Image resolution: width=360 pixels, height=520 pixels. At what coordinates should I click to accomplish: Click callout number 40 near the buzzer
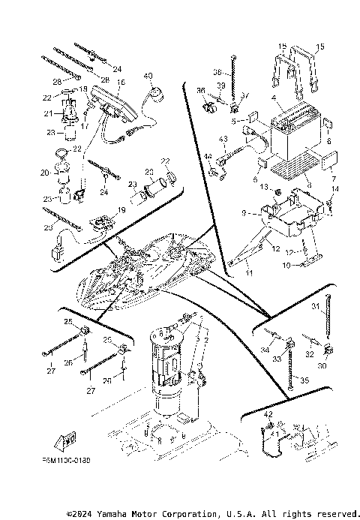tap(147, 76)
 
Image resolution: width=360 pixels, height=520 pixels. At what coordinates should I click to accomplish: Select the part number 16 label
tap(121, 82)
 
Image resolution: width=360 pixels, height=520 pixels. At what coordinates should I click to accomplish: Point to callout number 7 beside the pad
tap(334, 180)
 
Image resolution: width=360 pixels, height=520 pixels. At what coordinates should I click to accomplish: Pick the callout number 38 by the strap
tap(218, 73)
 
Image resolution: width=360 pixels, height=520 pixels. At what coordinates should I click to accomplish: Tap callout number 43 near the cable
tap(223, 140)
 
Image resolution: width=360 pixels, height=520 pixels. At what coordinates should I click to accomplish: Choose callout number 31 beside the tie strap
tap(316, 305)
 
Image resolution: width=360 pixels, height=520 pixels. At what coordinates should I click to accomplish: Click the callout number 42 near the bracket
tap(268, 413)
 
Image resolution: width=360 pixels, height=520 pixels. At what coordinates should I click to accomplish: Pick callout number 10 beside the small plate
tap(285, 265)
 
